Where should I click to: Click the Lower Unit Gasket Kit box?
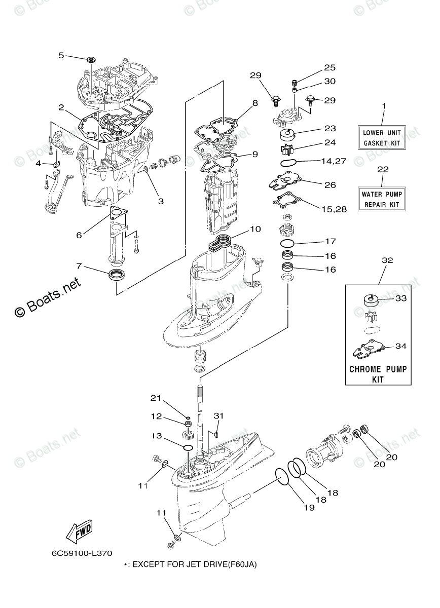click(x=384, y=137)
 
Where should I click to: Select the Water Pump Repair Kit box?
click(x=384, y=199)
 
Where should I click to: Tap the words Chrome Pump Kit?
click(x=378, y=373)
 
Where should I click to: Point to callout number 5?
click(x=61, y=55)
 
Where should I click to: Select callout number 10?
click(x=255, y=229)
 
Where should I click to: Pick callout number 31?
click(x=218, y=416)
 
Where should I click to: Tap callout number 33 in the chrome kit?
click(x=401, y=298)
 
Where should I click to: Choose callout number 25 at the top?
click(x=329, y=67)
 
